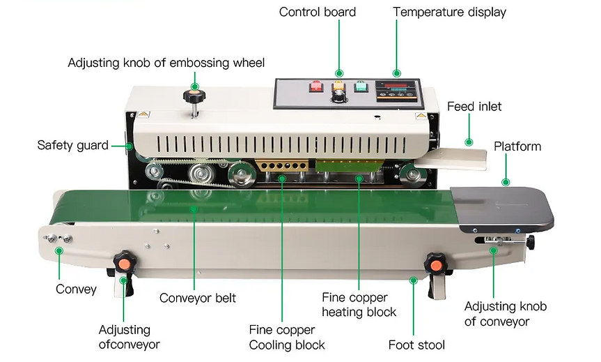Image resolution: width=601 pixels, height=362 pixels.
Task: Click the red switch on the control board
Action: click(x=315, y=88)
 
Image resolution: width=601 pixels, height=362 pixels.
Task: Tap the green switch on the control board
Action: click(x=361, y=88)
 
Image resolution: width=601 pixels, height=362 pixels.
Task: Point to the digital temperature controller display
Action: click(x=396, y=91)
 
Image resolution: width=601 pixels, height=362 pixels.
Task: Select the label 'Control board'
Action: click(x=318, y=12)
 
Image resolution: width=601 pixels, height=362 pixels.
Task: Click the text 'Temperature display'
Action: click(x=449, y=12)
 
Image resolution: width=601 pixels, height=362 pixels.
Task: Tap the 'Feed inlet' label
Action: click(x=474, y=107)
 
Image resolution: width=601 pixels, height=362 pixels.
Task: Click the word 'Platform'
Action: click(x=517, y=146)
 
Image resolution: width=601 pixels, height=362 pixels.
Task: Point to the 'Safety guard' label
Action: click(x=72, y=146)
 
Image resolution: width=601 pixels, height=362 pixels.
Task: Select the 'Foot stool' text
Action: click(x=416, y=345)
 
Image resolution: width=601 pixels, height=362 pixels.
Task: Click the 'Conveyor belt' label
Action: click(x=198, y=298)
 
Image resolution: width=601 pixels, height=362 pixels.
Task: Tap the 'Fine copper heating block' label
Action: click(x=359, y=305)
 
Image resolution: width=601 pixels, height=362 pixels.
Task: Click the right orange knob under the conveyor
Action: click(x=435, y=264)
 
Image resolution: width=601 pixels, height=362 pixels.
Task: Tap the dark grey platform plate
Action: click(x=501, y=210)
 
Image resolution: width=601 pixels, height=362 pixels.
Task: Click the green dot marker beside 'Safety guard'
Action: click(x=130, y=146)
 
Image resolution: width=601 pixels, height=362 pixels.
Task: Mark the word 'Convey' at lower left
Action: click(x=76, y=289)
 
